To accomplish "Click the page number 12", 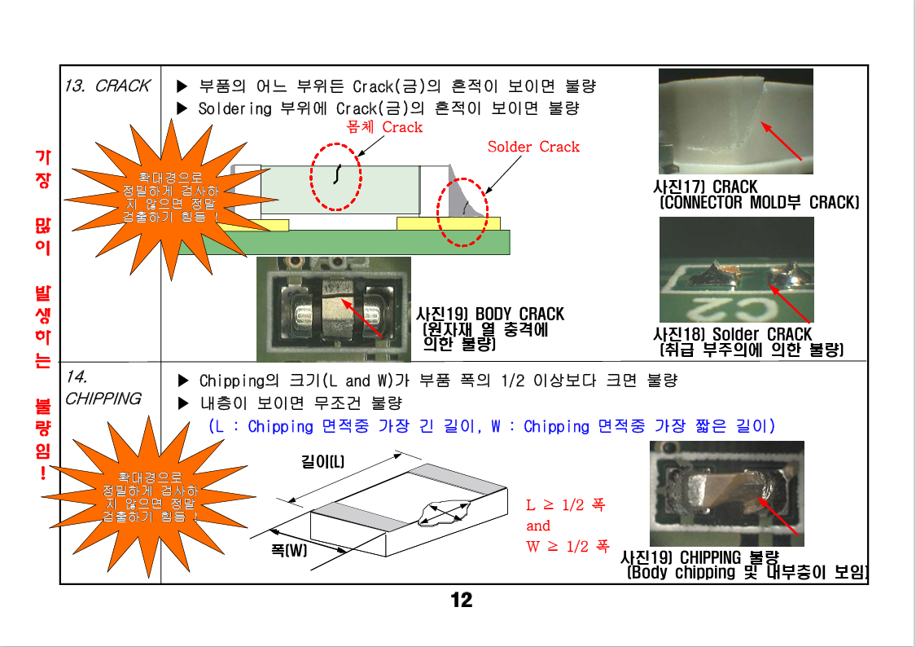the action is point(461,601).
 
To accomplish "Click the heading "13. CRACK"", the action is point(107,86).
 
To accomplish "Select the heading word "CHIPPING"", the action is point(103,398).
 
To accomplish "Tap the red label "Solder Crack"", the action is point(533,147).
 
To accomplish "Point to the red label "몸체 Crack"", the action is point(383,127).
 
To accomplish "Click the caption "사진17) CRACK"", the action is point(705,187).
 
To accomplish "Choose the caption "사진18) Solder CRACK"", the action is point(733,334).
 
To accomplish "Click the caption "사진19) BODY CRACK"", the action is point(489,314).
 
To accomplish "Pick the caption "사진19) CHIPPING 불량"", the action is point(699,557).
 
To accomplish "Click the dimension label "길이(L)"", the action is point(322,462).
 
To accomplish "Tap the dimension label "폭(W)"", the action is point(288,550).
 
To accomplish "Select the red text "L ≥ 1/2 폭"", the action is point(566,504).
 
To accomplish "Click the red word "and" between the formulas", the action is point(538,526).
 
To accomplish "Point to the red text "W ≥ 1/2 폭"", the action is point(568,547).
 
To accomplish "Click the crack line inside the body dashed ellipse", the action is point(337,174).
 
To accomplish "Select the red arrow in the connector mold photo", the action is point(781,141).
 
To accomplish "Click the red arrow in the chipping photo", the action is point(778,516).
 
